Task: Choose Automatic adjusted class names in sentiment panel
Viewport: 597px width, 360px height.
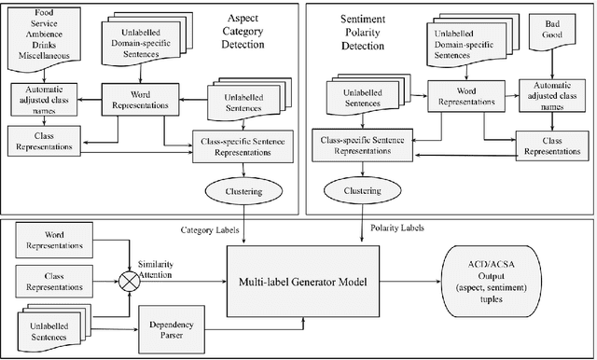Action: [554, 99]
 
